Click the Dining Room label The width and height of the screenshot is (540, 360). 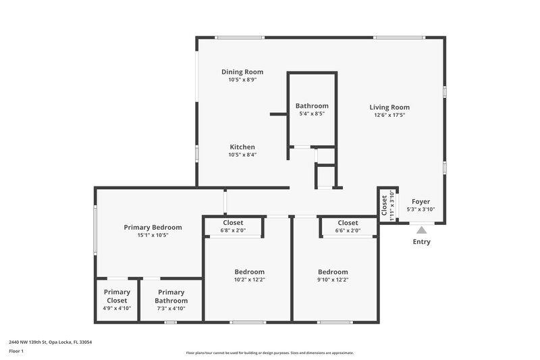click(242, 72)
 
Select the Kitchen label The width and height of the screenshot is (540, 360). click(242, 147)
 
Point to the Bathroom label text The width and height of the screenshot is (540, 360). click(312, 106)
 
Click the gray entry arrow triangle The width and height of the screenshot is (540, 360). click(422, 230)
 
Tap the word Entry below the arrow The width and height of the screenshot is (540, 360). click(421, 242)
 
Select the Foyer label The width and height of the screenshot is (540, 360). click(421, 201)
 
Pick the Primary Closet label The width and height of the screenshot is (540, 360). click(117, 297)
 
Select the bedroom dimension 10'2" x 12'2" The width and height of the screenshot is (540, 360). click(249, 280)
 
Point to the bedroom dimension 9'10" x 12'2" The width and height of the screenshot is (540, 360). click(333, 280)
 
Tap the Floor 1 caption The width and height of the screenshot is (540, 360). click(16, 351)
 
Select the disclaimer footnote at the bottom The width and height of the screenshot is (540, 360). click(270, 353)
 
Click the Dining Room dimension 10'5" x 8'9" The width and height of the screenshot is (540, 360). click(242, 80)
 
